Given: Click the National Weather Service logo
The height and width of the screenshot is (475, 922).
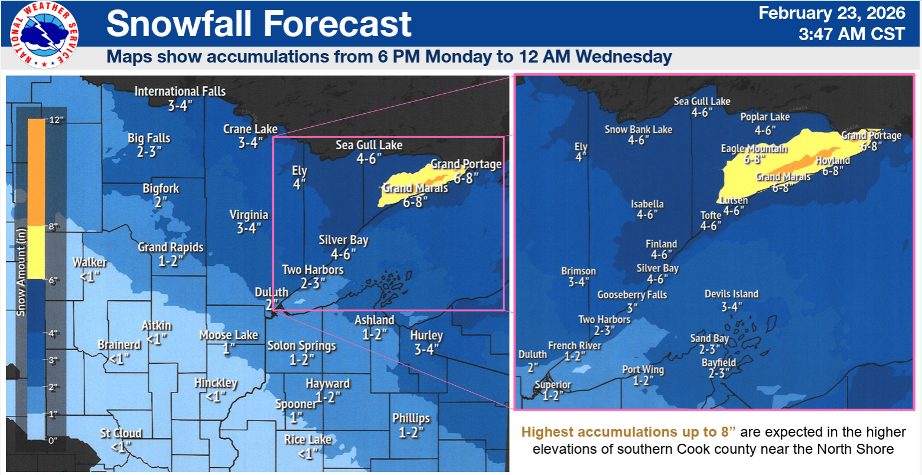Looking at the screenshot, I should coord(44,35).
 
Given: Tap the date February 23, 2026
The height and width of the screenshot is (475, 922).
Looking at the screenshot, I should coord(831,14).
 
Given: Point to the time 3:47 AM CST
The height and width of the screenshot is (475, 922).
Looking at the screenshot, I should coord(851,34).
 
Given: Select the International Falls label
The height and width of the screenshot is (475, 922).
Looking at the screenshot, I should coord(180,91).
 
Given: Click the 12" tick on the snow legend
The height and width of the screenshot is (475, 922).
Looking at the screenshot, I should coord(56,120).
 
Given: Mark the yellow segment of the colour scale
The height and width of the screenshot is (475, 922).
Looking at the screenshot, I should coord(36,253).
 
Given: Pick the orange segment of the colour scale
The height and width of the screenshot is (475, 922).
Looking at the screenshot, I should coord(36,172).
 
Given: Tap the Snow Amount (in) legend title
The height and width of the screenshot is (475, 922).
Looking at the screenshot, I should coord(21,271).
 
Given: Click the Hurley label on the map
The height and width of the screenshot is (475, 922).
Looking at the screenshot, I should coord(426,336).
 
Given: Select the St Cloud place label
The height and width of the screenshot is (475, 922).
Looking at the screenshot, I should coord(120,434).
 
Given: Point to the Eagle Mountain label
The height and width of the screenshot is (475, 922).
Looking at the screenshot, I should coord(754,149).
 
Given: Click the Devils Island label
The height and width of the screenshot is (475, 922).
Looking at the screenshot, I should coord(731,294).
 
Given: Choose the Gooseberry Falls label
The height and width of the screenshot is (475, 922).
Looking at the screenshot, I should coord(632,295).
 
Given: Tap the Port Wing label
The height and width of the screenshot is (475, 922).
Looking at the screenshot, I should coord(643,370).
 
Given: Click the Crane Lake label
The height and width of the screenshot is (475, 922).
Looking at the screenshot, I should coord(250,129).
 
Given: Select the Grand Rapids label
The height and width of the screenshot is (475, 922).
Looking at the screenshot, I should coord(170,247).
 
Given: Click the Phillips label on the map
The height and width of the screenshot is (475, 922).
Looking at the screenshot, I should coord(411,418).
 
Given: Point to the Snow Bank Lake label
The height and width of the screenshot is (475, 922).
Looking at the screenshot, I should coord(638,130).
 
